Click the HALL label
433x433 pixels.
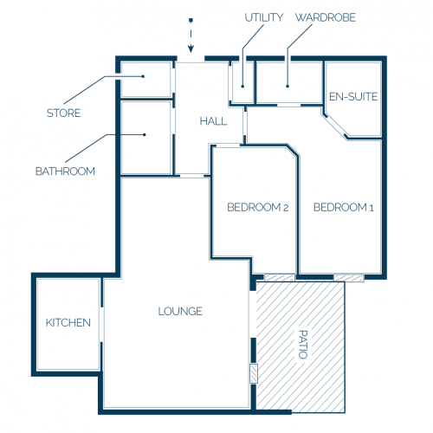coord(213,121)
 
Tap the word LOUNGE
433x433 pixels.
coord(180,311)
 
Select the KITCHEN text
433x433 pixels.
coord(68,323)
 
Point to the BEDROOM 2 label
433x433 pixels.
coord(258,207)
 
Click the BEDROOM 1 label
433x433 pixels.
coord(344,207)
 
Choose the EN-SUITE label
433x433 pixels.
coord(353,97)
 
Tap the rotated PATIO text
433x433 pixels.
coord(303,345)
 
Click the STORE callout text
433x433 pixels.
coord(63,113)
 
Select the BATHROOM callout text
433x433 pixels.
coord(65,171)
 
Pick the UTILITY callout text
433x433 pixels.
coord(264,17)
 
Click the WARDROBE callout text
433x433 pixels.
coord(326,17)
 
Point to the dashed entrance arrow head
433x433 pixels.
coord(191,48)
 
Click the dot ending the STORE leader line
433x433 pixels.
coord(143,76)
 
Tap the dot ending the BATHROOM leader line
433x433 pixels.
coord(145,135)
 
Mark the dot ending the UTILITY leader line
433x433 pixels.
coord(242,87)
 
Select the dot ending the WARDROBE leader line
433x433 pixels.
coord(288,86)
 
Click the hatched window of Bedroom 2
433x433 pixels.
coord(280,278)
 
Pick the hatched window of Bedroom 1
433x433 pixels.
coord(349,278)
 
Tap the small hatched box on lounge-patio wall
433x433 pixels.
coord(254,374)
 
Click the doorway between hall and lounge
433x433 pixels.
coord(192,176)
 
